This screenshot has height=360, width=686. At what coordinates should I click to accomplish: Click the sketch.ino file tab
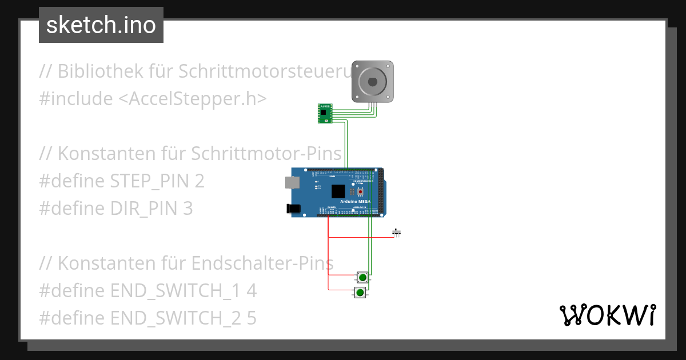pos(101,25)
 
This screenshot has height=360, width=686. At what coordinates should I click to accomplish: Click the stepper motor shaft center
pos(372,82)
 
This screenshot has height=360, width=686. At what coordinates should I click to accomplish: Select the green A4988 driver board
pos(325,113)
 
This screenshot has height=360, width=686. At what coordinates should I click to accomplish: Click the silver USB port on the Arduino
pos(292,182)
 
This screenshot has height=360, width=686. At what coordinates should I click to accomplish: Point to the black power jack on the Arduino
pos(293,209)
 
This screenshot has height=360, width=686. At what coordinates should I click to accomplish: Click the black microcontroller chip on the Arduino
pos(338,191)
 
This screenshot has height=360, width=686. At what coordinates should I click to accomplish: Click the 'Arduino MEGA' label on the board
pos(356,202)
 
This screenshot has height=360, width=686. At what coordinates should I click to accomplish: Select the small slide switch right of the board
pos(397,232)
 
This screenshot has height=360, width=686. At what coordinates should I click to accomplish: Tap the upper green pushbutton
pos(362,277)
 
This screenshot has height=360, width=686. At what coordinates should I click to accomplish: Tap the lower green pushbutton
pos(360,293)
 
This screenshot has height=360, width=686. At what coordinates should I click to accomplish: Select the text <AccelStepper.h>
pos(193,99)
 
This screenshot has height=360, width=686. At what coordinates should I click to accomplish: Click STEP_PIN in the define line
pos(151,181)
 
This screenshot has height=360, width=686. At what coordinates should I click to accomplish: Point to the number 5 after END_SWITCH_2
pos(252,318)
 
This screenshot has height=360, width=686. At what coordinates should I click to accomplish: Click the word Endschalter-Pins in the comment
pos(262,263)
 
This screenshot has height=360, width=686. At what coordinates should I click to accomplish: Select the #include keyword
pos(75,99)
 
